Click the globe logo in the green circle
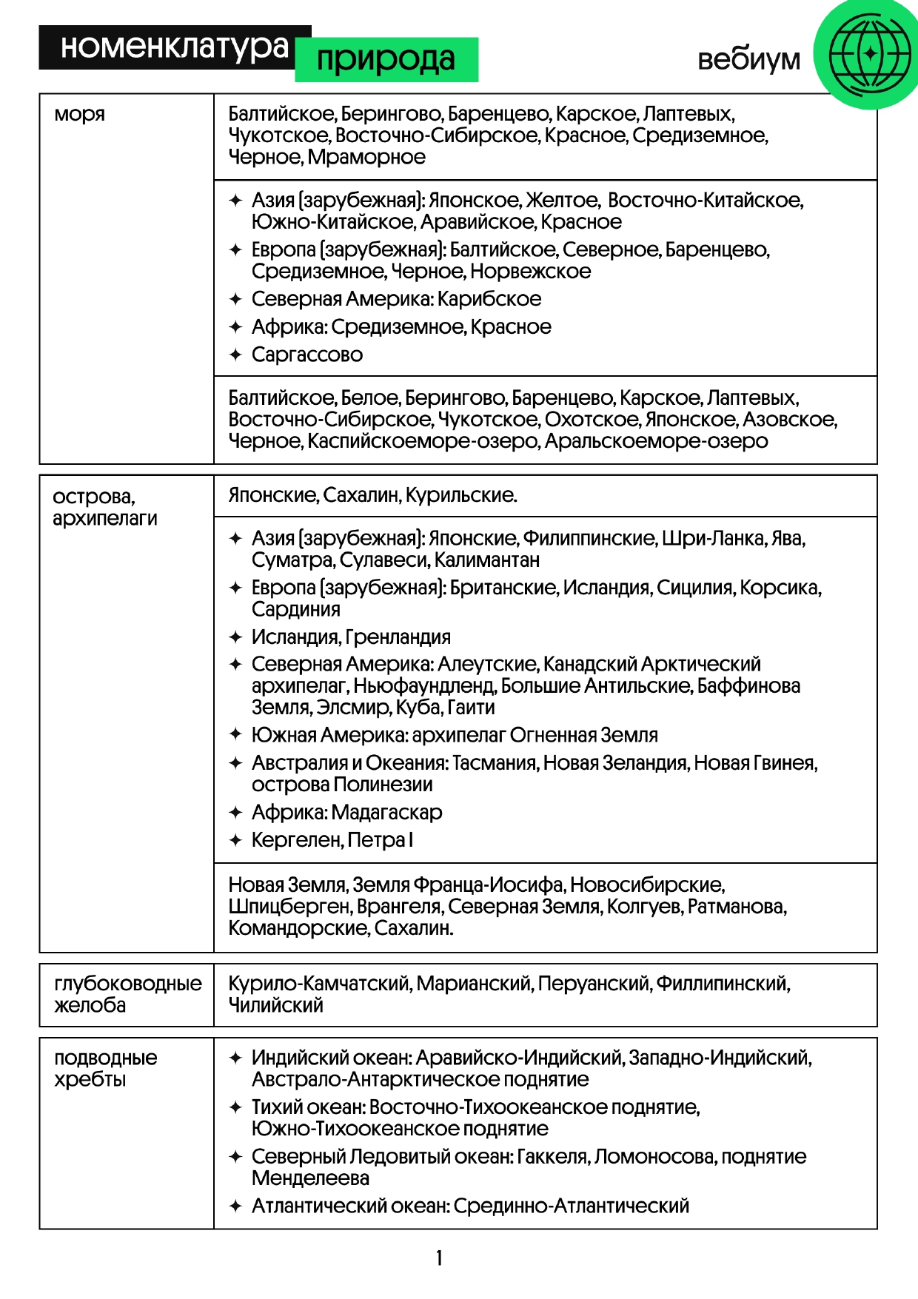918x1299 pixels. pos(869,54)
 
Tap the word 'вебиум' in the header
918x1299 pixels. pos(748,59)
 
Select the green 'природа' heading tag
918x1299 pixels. pos(386,59)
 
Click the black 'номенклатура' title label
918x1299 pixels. pos(174,47)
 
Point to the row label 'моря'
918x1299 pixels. pos(79,115)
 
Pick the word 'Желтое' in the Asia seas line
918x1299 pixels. pos(562,201)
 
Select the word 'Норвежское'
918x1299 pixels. pos(530,272)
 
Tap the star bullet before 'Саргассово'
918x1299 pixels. pos(235,355)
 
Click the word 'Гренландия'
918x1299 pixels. pos(398,637)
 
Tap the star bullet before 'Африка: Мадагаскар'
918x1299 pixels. pos(235,813)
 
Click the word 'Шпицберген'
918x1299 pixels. pos(289,907)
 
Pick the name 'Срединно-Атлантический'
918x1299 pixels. pos(571,1206)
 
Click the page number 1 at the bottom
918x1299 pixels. pos(439,1258)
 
